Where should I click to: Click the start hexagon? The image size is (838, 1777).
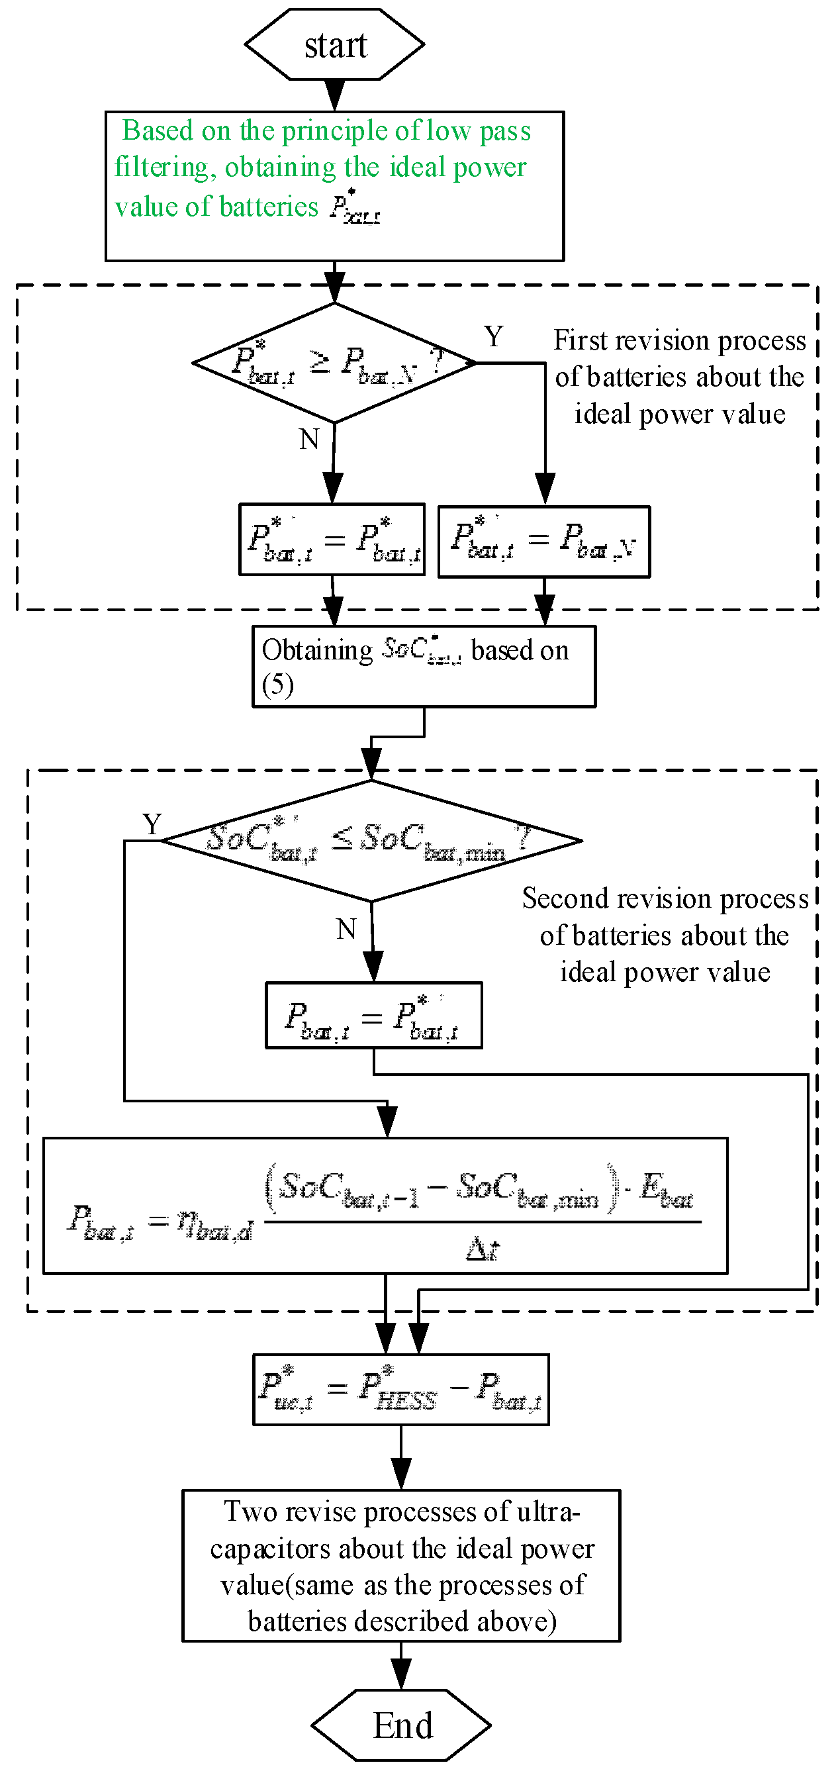tap(334, 46)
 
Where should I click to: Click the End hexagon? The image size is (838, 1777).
tap(401, 1725)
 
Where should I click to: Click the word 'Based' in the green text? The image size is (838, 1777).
tap(158, 130)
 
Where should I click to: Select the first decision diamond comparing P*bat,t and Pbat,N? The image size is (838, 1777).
tap(334, 363)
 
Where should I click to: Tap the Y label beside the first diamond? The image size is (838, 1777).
tap(494, 338)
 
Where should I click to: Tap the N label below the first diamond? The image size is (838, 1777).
tap(309, 440)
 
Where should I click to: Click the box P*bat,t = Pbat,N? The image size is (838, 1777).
tap(543, 542)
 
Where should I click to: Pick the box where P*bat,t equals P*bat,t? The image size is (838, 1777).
tap(332, 540)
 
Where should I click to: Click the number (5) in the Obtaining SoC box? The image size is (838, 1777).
tap(277, 685)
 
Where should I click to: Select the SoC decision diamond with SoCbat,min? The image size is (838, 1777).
tap(371, 841)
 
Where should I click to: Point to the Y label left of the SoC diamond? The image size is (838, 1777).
tap(152, 824)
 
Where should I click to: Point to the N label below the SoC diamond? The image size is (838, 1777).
tap(346, 929)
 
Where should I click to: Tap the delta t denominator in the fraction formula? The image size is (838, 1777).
tap(482, 1249)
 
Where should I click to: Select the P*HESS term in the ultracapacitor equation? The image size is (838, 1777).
tap(398, 1390)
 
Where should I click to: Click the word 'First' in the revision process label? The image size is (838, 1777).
tap(579, 341)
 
